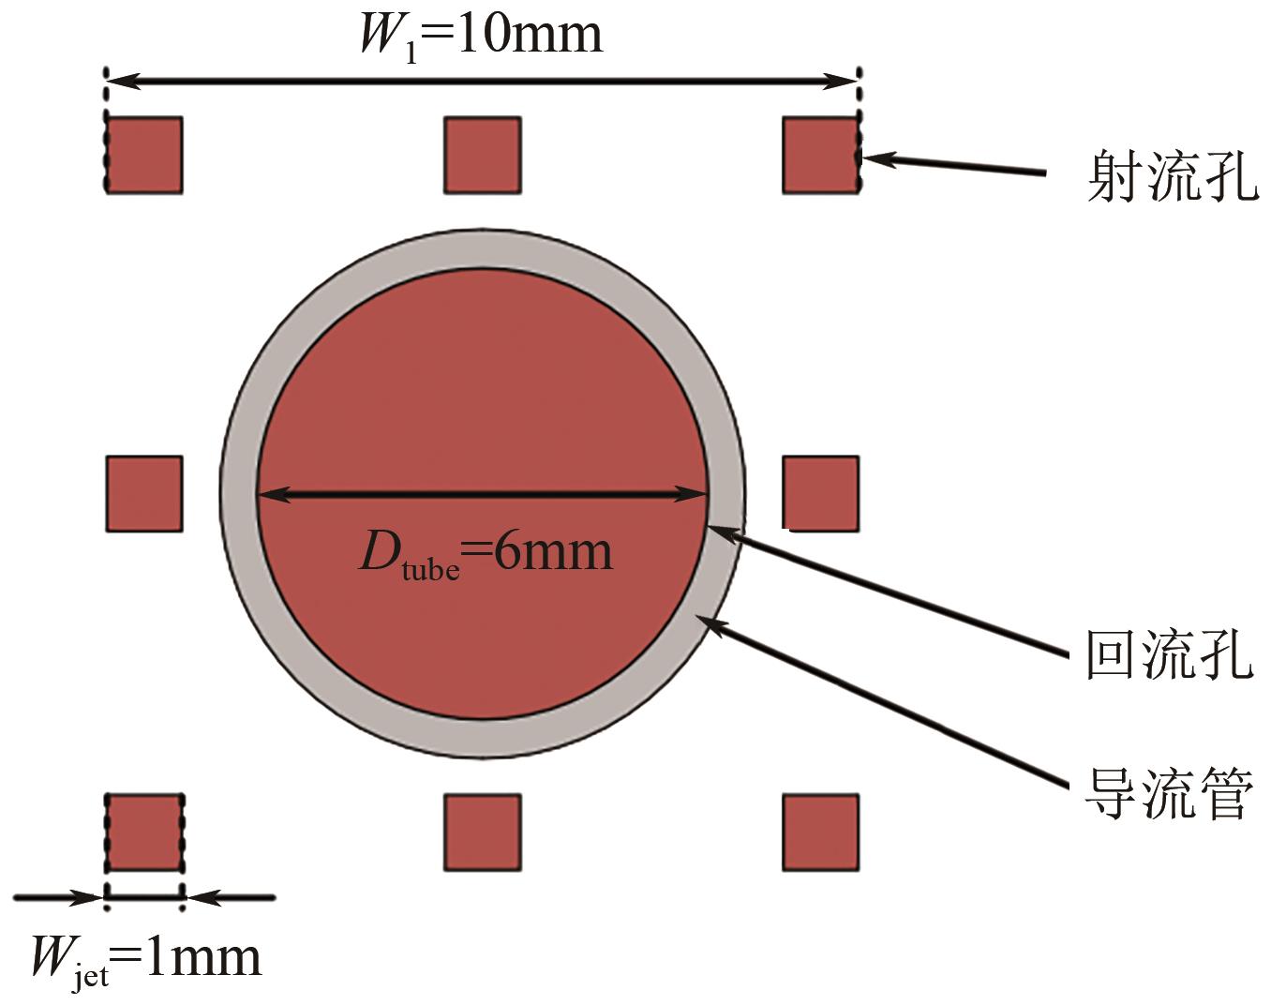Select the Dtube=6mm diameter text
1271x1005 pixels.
[x=486, y=555]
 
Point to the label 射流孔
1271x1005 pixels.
[x=1173, y=176]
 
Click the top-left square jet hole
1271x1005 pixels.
[x=144, y=156]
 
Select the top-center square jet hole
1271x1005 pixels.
[x=483, y=156]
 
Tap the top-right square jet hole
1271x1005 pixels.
[x=821, y=156]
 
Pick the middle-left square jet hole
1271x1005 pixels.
[x=144, y=494]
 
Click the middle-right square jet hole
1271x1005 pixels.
[x=821, y=494]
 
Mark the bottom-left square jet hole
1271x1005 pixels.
[x=144, y=832]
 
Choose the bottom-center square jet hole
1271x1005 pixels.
[x=483, y=832]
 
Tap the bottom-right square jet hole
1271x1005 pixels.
[x=821, y=832]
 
